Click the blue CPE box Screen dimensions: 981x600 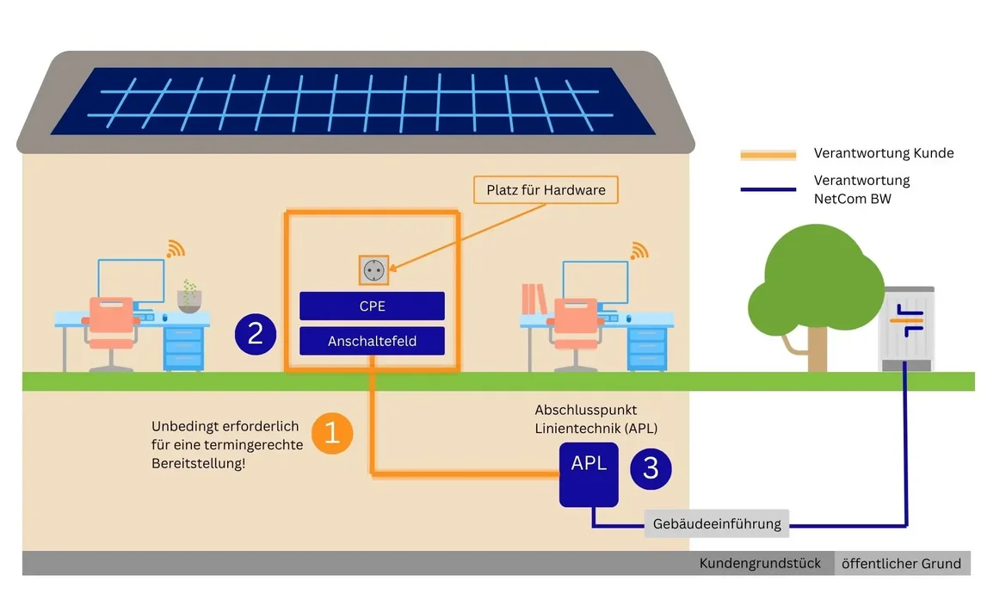(x=373, y=306)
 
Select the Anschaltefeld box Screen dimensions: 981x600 (x=373, y=341)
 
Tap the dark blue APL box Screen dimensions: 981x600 (x=589, y=474)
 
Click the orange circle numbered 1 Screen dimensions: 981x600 (x=332, y=433)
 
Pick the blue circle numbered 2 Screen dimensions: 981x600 (x=256, y=334)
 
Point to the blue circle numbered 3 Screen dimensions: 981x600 (x=651, y=468)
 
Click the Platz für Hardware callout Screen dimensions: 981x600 (x=546, y=190)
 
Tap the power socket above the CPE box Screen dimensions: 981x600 (x=373, y=270)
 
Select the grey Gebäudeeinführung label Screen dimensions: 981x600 (x=717, y=523)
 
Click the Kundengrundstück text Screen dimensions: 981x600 (x=760, y=563)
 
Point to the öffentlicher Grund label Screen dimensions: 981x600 (x=901, y=564)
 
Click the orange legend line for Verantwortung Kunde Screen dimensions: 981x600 (x=768, y=155)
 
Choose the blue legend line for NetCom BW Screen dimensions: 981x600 (x=768, y=189)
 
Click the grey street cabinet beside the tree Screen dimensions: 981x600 (x=906, y=329)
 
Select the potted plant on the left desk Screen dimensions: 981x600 (x=189, y=297)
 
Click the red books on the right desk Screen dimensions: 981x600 (x=534, y=299)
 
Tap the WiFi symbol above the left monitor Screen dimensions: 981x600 (x=176, y=249)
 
